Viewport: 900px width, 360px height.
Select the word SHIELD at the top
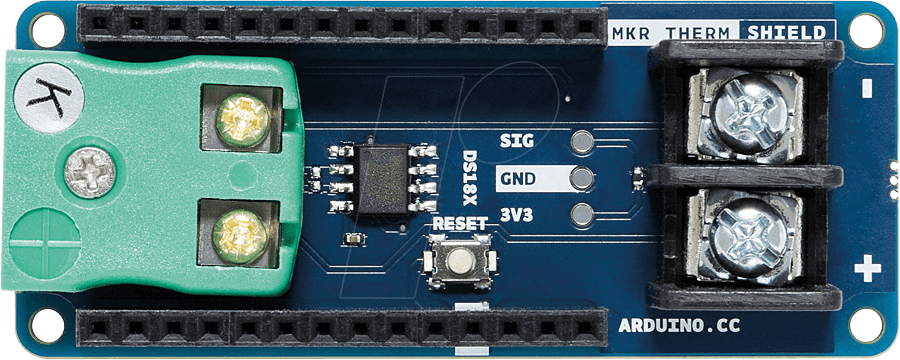[x=787, y=32]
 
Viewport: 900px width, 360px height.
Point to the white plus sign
[x=866, y=269]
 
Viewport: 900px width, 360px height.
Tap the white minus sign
[x=866, y=89]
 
